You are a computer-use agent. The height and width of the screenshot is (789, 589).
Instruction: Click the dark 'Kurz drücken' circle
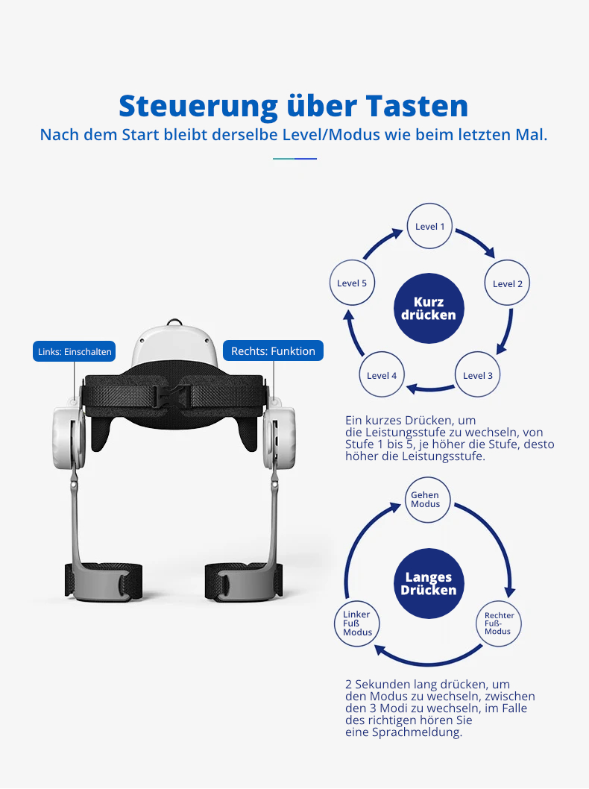click(429, 309)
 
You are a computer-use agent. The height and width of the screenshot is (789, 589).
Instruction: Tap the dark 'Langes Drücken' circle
click(429, 583)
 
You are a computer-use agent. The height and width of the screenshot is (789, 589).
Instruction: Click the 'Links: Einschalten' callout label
click(75, 351)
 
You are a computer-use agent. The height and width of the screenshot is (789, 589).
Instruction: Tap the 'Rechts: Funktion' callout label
click(273, 351)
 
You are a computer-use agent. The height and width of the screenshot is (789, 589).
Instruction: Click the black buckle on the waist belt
click(174, 394)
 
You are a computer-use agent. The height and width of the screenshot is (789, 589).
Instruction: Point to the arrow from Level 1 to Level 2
click(478, 240)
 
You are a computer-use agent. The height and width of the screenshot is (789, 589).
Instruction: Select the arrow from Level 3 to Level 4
click(430, 388)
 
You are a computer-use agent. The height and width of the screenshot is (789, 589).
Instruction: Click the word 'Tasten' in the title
click(417, 106)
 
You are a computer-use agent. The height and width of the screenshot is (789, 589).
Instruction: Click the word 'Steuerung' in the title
click(198, 107)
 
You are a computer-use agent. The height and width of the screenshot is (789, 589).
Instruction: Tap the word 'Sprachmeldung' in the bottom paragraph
click(417, 732)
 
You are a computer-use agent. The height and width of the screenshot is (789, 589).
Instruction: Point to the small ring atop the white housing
click(174, 322)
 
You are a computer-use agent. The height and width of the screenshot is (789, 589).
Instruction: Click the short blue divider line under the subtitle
click(294, 159)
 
